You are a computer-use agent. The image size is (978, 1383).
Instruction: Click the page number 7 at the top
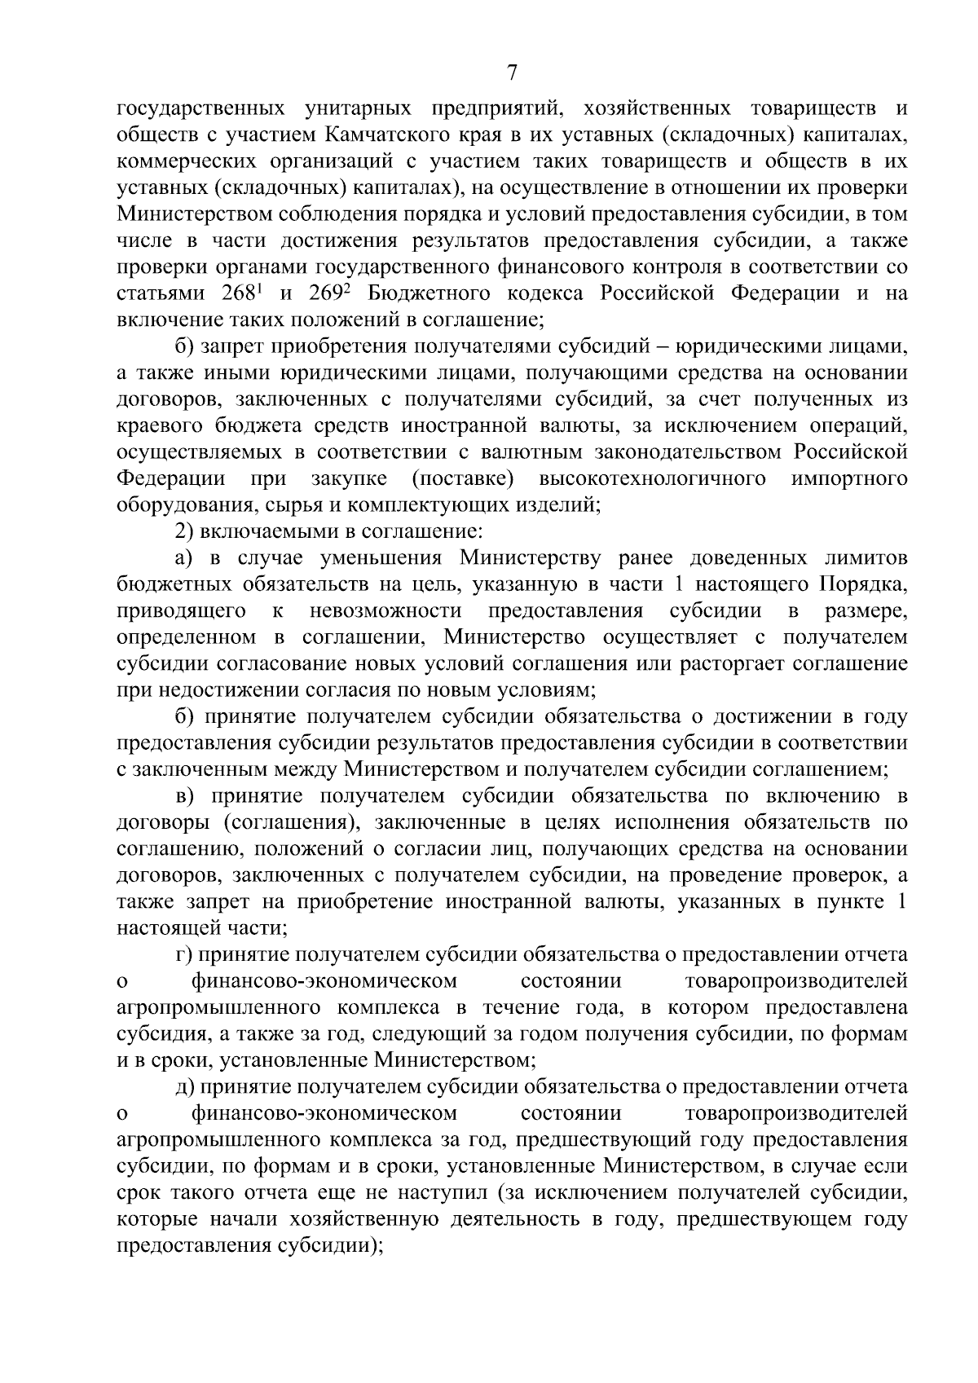pyautogui.click(x=511, y=74)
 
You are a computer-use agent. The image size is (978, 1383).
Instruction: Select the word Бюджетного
pyautogui.click(x=425, y=293)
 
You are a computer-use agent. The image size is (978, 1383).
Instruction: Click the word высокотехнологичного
pyautogui.click(x=652, y=478)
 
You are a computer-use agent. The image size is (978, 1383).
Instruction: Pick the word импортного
pyautogui.click(x=849, y=478)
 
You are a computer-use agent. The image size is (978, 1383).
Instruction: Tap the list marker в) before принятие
pyautogui.click(x=185, y=796)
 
